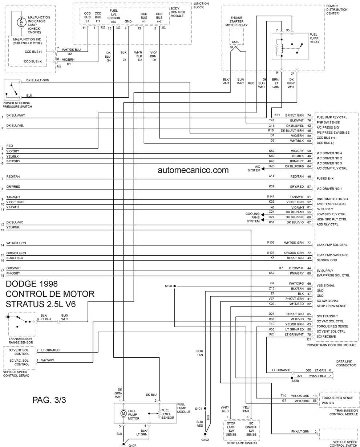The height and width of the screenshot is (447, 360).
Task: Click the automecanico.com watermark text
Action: [x=193, y=170]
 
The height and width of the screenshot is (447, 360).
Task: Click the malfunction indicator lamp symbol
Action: [x=21, y=22]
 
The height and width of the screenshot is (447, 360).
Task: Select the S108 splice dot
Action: [x=175, y=286]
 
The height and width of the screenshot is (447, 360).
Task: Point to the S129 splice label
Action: [x=295, y=381]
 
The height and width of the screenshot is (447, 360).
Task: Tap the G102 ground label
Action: [x=205, y=440]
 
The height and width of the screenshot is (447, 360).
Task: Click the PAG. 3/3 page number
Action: [x=49, y=400]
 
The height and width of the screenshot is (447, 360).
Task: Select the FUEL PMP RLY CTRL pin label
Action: [x=332, y=117]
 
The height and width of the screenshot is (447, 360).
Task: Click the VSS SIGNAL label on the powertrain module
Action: [x=325, y=285]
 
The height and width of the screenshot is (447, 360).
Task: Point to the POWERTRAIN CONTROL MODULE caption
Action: [x=332, y=345]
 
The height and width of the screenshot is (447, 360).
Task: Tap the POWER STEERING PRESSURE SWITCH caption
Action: [x=17, y=105]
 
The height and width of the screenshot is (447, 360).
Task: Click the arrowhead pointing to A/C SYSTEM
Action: [x=263, y=168]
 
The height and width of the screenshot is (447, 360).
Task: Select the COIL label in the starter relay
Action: [x=235, y=42]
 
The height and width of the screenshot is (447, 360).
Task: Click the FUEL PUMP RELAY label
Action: [x=314, y=38]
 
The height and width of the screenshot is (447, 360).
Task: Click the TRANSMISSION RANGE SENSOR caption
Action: [x=21, y=341]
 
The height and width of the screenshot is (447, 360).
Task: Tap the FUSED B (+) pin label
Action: [x=325, y=178]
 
